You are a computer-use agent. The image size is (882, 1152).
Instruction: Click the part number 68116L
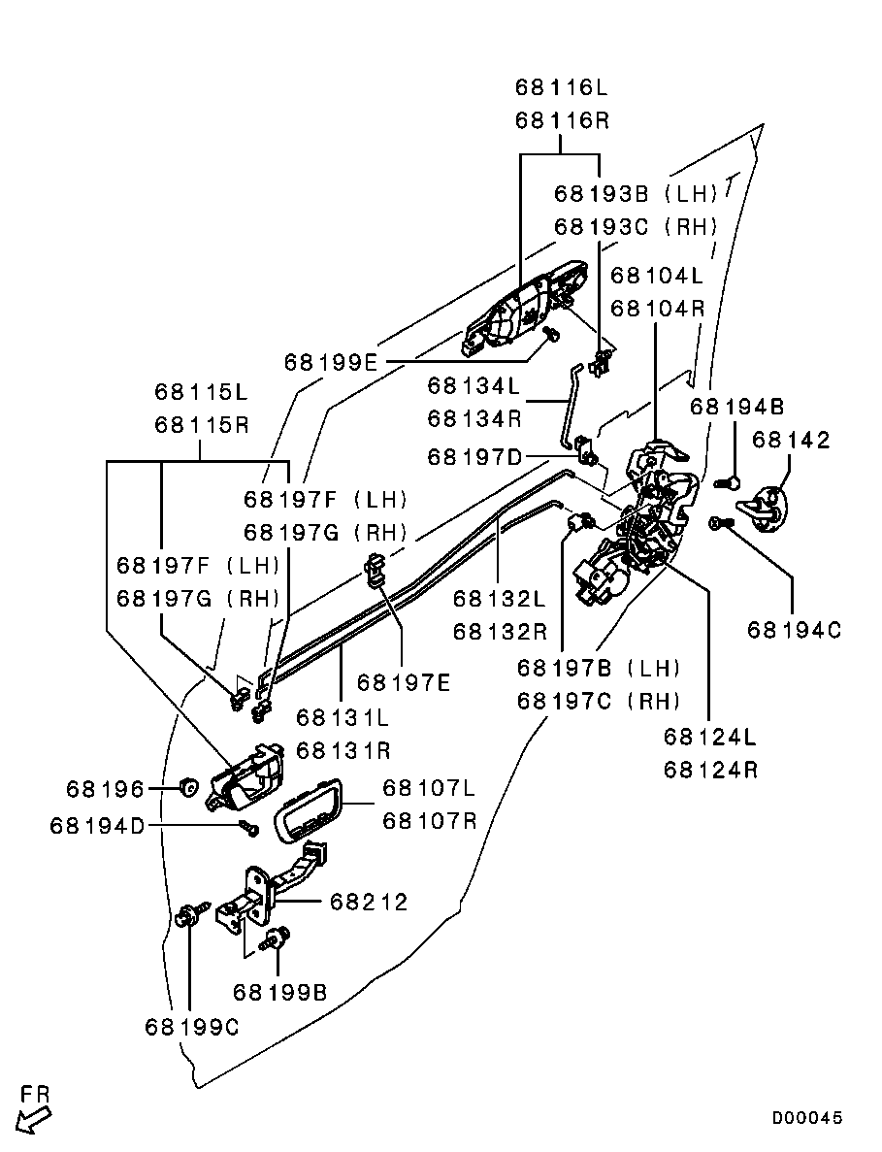pyautogui.click(x=561, y=88)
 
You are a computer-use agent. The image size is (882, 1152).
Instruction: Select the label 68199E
pyautogui.click(x=331, y=362)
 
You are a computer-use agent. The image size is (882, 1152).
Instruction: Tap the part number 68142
pyautogui.click(x=792, y=441)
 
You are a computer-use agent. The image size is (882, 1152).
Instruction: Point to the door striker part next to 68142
pyautogui.click(x=768, y=507)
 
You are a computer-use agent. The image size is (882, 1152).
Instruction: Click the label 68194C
pyautogui.click(x=794, y=630)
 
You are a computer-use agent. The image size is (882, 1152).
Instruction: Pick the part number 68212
pyautogui.click(x=369, y=903)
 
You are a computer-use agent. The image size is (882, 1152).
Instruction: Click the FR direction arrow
pyautogui.click(x=36, y=1110)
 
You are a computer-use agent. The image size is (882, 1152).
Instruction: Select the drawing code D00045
pyautogui.click(x=807, y=1118)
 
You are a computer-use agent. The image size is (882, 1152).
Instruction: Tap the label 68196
pyautogui.click(x=106, y=788)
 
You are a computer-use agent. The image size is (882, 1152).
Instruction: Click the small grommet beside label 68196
pyautogui.click(x=189, y=785)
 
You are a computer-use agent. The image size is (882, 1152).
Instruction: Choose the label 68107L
pyautogui.click(x=430, y=787)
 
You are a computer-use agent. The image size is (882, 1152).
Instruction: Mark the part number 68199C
pyautogui.click(x=191, y=1026)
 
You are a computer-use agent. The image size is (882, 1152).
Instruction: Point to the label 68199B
pyautogui.click(x=279, y=992)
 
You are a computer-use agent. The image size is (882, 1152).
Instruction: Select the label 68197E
pyautogui.click(x=404, y=682)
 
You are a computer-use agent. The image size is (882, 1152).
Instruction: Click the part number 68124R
pyautogui.click(x=711, y=771)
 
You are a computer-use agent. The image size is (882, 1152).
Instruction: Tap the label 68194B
pyautogui.click(x=737, y=406)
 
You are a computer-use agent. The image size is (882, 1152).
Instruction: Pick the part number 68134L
pyautogui.click(x=475, y=386)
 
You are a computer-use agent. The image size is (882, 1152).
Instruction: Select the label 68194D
pyautogui.click(x=97, y=825)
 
